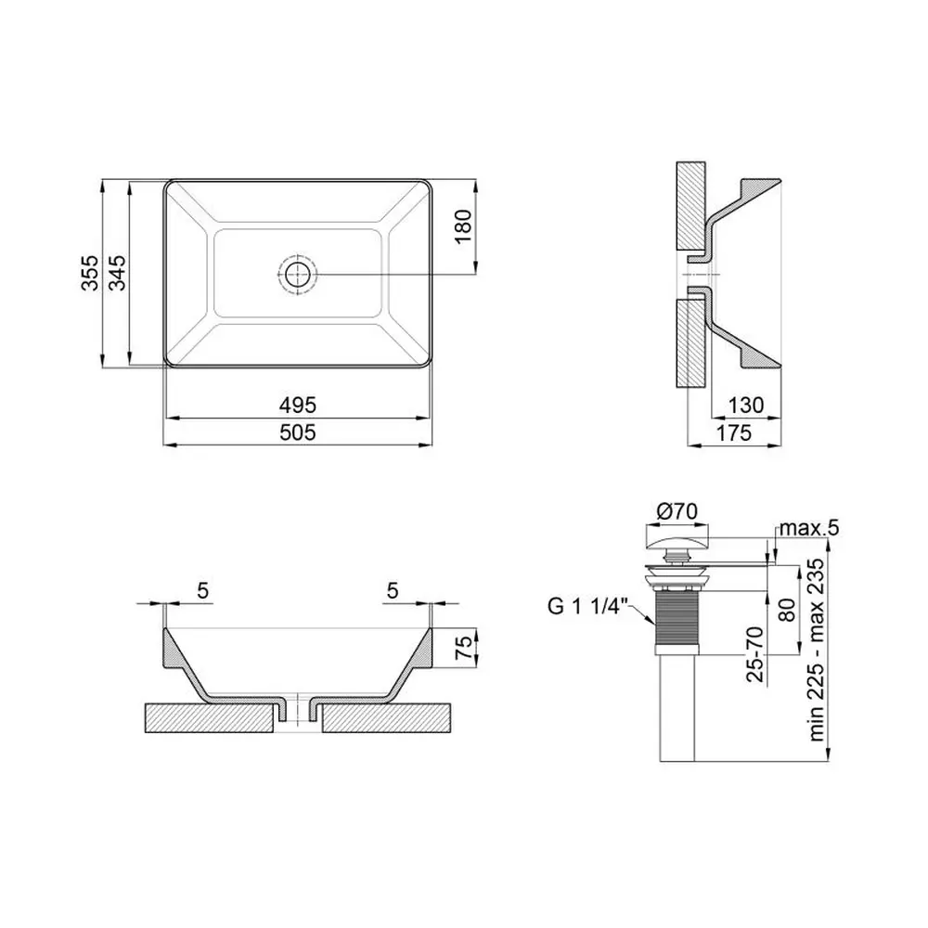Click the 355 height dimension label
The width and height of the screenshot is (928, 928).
(x=89, y=273)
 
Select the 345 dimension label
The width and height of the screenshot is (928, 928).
(x=117, y=273)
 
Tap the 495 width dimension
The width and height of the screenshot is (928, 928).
(x=298, y=406)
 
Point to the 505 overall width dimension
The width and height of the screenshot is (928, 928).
(x=298, y=432)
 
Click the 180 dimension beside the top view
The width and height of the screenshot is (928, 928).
(x=463, y=226)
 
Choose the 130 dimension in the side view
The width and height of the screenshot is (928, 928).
(x=746, y=406)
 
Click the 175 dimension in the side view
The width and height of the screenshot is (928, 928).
(x=734, y=432)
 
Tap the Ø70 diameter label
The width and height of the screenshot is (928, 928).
(x=677, y=510)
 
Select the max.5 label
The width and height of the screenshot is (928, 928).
(x=809, y=528)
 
